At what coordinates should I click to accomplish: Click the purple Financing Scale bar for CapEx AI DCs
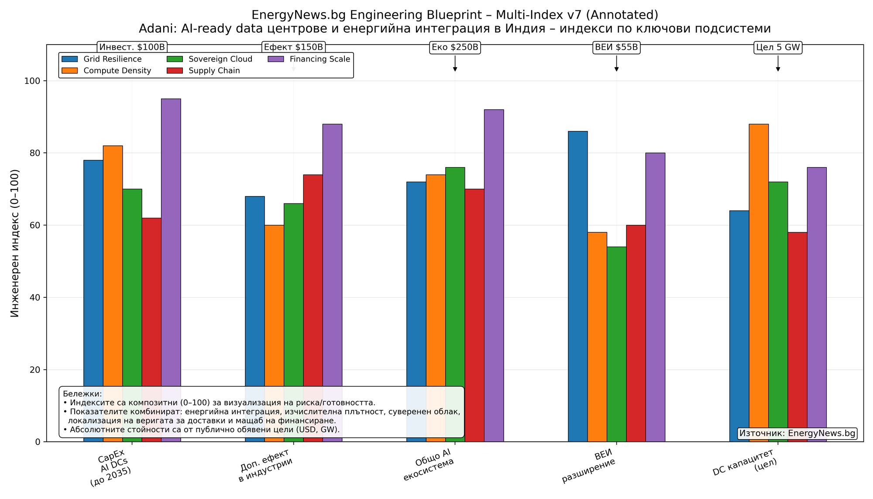point(171,240)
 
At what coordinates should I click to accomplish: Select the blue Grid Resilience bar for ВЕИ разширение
point(577,284)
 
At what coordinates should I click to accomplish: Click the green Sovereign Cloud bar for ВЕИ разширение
point(616,341)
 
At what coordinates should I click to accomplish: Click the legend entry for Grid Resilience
point(101,59)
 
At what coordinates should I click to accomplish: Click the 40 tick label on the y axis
point(35,298)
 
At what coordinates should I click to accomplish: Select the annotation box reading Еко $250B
point(455,47)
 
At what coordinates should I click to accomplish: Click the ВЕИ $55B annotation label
point(616,47)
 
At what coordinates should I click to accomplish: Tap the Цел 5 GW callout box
point(778,47)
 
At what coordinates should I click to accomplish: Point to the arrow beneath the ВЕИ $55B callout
point(616,64)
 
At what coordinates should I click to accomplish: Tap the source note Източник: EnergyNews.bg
point(797,434)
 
